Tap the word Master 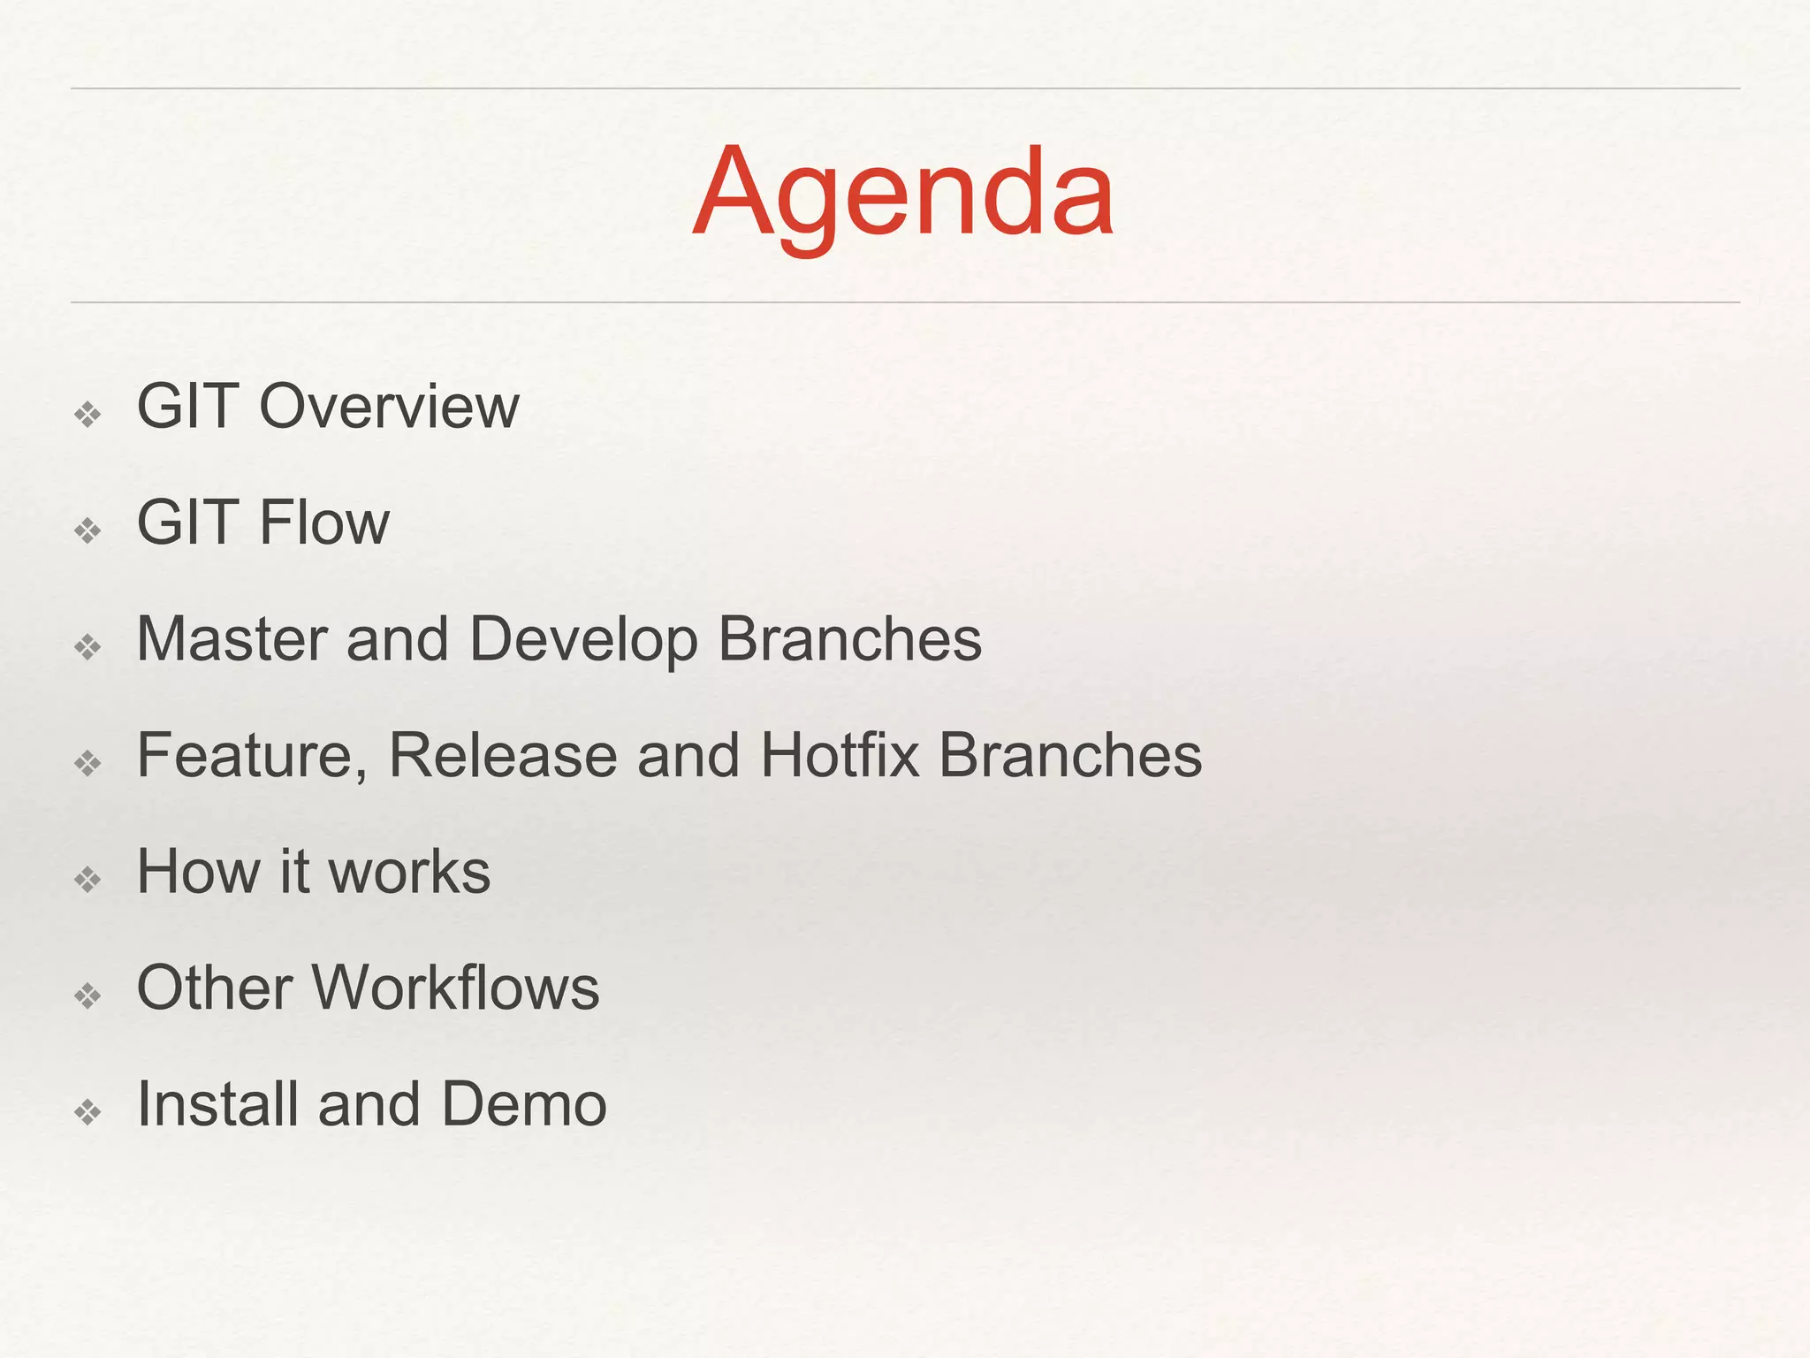coord(232,639)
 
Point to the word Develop coord(583,641)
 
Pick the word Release coord(503,756)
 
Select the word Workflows coord(456,988)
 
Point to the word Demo coord(524,1104)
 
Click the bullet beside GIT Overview coord(88,414)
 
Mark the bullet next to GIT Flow coord(88,530)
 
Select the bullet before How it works coord(88,879)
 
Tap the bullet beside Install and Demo coord(88,1111)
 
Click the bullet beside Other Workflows coord(88,996)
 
